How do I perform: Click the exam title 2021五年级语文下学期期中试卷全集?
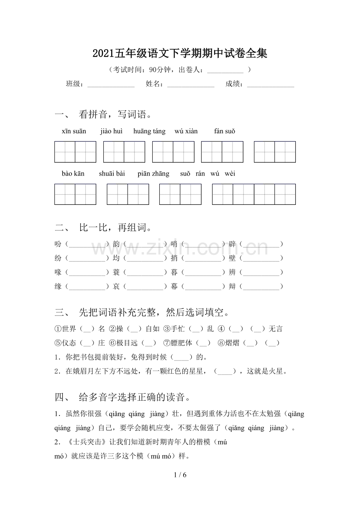tap(180, 54)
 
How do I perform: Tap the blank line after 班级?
tap(111, 84)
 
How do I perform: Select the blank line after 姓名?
tap(191, 84)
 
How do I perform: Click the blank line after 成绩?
tap(270, 84)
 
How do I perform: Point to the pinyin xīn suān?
tap(74, 131)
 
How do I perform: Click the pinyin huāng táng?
tap(149, 131)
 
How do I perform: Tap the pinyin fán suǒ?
tap(225, 131)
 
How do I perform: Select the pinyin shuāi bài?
tap(112, 174)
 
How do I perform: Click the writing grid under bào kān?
tap(75, 194)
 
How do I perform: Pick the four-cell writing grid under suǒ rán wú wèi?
tap(254, 194)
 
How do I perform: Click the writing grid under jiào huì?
tap(124, 152)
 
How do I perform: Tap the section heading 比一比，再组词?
tap(115, 228)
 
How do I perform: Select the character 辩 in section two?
tap(232, 287)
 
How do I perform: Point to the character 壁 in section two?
tap(232, 258)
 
